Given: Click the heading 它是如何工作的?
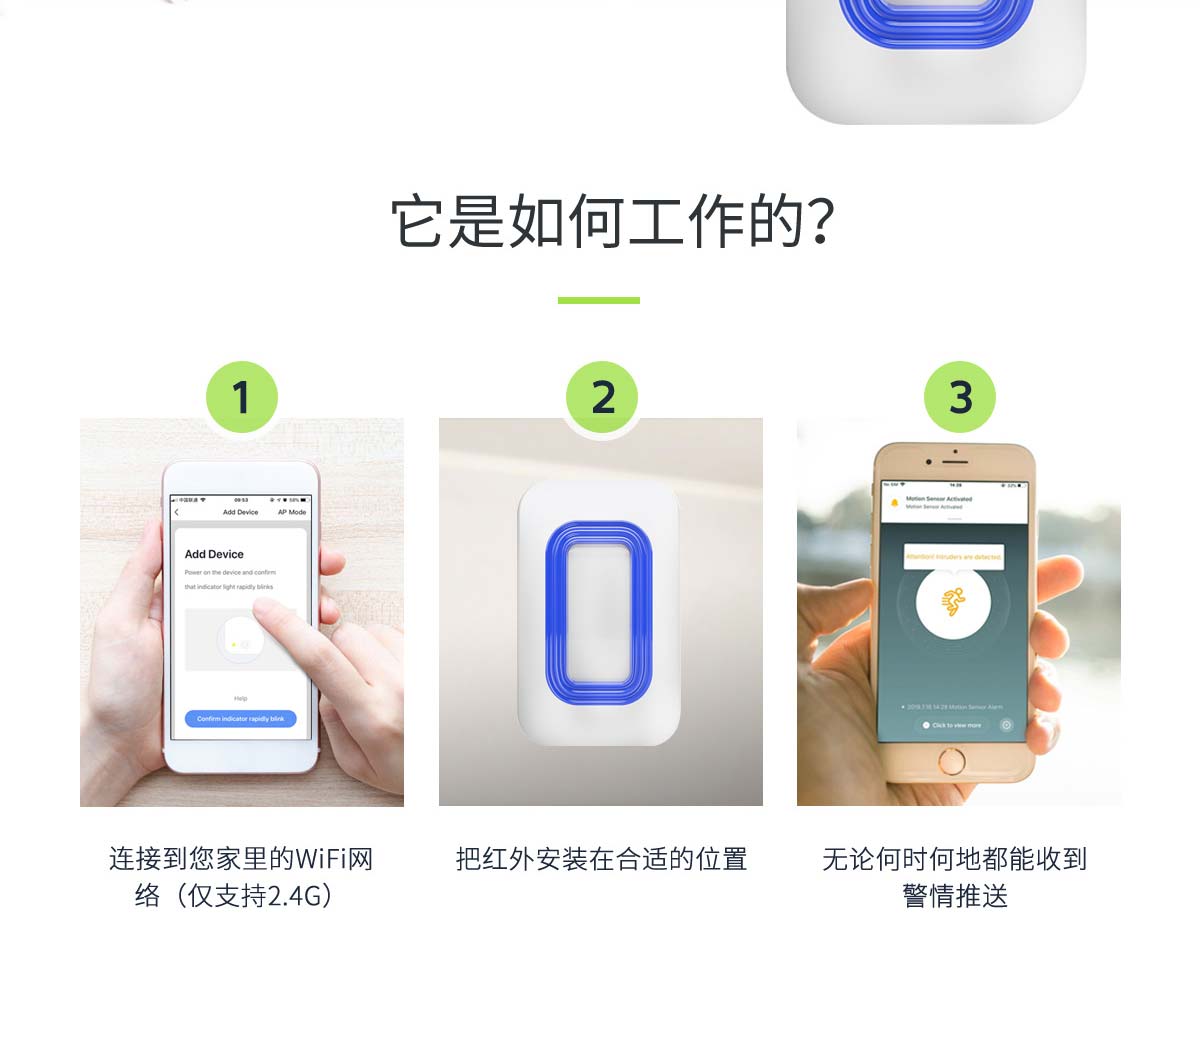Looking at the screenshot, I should (x=612, y=221).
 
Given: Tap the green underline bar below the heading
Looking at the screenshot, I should (x=598, y=300).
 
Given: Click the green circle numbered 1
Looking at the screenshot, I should (x=241, y=397).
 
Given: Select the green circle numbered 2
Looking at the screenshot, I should (x=602, y=397).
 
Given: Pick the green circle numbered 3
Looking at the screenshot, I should (x=959, y=397).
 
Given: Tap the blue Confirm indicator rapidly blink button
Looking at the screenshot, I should (x=240, y=719).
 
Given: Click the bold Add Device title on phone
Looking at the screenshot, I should (x=214, y=554).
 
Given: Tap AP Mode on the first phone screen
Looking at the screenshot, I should (x=292, y=512).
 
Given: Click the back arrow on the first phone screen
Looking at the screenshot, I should (x=177, y=512).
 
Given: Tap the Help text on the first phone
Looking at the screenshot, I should (x=240, y=698).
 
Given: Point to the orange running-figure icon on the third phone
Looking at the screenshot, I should (x=953, y=602).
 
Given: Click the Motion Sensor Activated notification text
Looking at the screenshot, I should (x=938, y=498).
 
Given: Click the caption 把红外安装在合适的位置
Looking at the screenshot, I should (x=601, y=859).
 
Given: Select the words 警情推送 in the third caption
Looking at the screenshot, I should (x=955, y=896).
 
